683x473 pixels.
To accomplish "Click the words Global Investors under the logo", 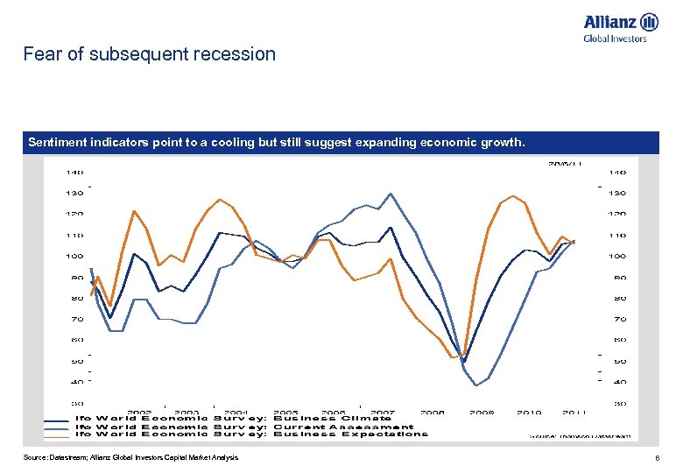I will tap(615, 39).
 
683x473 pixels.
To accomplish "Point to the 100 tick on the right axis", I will tap(617, 257).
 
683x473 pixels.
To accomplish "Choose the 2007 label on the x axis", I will tap(382, 412).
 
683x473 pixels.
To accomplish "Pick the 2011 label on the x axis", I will tap(574, 412).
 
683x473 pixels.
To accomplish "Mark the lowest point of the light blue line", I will tap(476, 385).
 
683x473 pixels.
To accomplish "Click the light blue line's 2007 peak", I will tap(390, 194).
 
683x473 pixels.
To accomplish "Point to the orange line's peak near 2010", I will tap(512, 196).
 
